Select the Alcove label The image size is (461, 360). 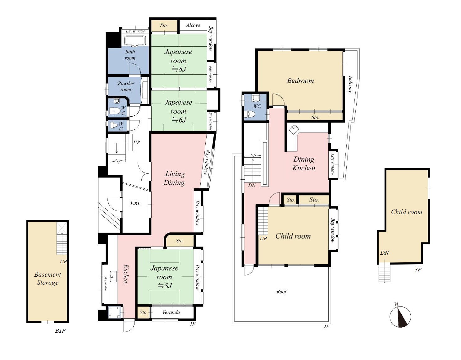point(193,25)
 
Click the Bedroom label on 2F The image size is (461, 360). point(300,81)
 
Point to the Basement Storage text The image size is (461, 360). point(48,279)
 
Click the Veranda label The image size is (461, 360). point(171,312)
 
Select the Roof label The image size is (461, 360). point(281,292)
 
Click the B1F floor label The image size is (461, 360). point(61,331)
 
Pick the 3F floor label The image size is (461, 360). point(418,270)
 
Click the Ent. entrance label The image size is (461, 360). point(135,203)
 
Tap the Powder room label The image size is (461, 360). point(126,86)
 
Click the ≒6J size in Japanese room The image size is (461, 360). point(179,120)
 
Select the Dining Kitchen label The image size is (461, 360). point(304,164)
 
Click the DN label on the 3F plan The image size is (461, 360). point(384,253)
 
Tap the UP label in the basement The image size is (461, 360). point(63,261)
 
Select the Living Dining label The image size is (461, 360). point(174,178)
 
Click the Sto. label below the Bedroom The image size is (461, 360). point(315,118)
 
